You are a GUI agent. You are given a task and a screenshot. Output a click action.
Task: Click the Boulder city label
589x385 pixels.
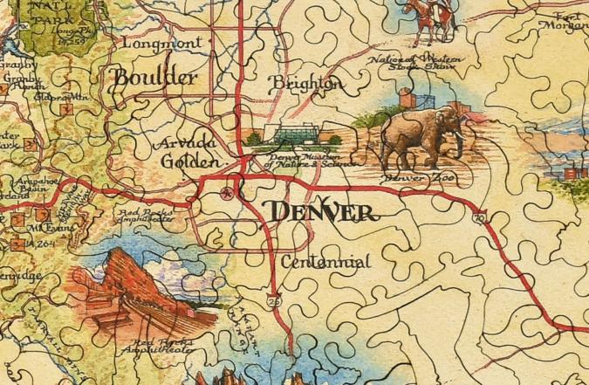156,78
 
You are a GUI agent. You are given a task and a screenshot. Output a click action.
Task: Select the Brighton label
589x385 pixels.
305,84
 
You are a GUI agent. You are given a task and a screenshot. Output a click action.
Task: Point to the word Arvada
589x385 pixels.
183,144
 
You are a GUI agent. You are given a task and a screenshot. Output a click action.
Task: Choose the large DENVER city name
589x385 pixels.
322,211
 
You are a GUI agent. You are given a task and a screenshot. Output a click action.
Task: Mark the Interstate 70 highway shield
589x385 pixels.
477,217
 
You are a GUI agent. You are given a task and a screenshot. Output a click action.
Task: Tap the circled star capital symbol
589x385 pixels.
229,193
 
